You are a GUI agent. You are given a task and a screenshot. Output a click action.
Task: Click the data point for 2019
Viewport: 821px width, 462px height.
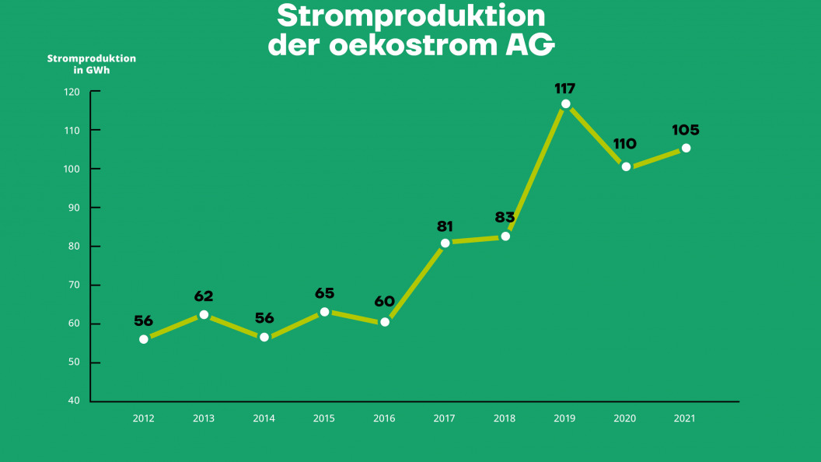click(565, 104)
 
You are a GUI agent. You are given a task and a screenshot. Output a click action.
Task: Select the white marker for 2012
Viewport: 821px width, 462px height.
click(144, 339)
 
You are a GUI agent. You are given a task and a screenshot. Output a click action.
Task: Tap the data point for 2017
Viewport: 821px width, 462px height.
click(445, 243)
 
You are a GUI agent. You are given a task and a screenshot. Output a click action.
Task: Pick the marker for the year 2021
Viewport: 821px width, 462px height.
click(686, 148)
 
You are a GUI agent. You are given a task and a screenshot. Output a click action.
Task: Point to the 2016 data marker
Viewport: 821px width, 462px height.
click(384, 322)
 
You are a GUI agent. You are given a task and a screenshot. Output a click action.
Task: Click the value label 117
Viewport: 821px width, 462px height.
click(565, 88)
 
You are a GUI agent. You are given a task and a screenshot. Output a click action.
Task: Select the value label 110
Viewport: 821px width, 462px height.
click(624, 144)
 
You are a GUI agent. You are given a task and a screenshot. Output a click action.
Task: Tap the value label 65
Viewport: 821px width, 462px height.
click(324, 293)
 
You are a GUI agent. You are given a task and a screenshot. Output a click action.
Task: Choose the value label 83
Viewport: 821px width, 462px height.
click(505, 217)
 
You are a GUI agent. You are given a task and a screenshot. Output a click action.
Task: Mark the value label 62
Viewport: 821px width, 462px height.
click(204, 296)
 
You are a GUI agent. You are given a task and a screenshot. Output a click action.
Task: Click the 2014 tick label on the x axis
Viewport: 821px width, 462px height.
click(264, 418)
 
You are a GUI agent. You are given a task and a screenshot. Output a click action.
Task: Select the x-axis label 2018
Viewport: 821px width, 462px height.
click(505, 418)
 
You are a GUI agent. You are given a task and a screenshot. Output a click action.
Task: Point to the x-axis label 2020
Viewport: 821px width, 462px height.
click(625, 418)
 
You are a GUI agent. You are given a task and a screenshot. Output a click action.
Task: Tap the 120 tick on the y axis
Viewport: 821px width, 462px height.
click(72, 92)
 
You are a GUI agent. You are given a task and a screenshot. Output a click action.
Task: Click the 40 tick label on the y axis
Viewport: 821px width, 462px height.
click(74, 401)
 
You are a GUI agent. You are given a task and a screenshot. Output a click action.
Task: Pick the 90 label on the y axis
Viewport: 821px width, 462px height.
click(74, 208)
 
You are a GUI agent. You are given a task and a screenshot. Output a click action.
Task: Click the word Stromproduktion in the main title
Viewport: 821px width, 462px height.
click(411, 16)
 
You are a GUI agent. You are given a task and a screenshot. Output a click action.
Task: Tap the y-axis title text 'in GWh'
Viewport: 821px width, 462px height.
click(91, 70)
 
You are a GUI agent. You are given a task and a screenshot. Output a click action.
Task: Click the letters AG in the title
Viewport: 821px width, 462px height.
click(526, 45)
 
